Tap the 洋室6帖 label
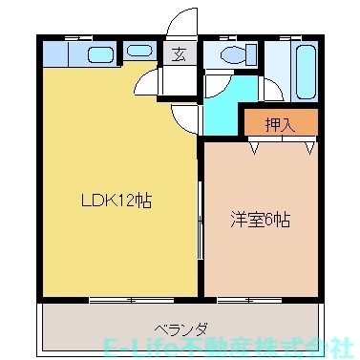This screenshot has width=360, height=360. [x=260, y=219]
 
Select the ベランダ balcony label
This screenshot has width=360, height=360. [x=176, y=326]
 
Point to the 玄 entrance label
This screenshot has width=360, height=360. [x=180, y=54]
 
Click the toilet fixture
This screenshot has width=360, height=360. [x=229, y=54]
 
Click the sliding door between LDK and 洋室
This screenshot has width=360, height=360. [x=201, y=224]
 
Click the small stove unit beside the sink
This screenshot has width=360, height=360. [x=138, y=53]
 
